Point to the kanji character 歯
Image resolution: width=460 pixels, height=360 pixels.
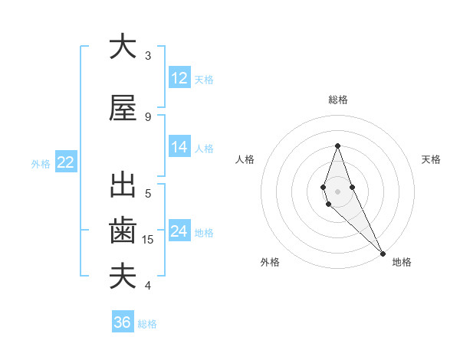[x=123, y=231]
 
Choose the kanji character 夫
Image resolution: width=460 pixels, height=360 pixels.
[x=123, y=276]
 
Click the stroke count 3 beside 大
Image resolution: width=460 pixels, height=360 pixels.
[x=148, y=56]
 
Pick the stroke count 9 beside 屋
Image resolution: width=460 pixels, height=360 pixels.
[x=148, y=117]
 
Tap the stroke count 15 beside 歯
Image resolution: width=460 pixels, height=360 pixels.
[x=149, y=240]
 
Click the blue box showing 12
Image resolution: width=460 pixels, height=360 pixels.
[x=179, y=78]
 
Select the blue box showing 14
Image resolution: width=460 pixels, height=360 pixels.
[x=179, y=147]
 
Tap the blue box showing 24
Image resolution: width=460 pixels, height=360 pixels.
[x=179, y=231]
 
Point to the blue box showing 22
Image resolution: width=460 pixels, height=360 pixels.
[x=65, y=162]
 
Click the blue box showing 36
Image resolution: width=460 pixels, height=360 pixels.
[x=122, y=322]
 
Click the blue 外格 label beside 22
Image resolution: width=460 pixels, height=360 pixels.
[x=41, y=163]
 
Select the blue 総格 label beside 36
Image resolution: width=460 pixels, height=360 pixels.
[x=147, y=324]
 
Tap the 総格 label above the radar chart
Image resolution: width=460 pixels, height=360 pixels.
[x=337, y=100]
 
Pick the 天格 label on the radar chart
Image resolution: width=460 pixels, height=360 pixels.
[x=432, y=159]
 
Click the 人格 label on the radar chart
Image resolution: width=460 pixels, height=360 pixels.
[x=245, y=159]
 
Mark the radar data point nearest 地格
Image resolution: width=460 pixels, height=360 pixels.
[x=383, y=251]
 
